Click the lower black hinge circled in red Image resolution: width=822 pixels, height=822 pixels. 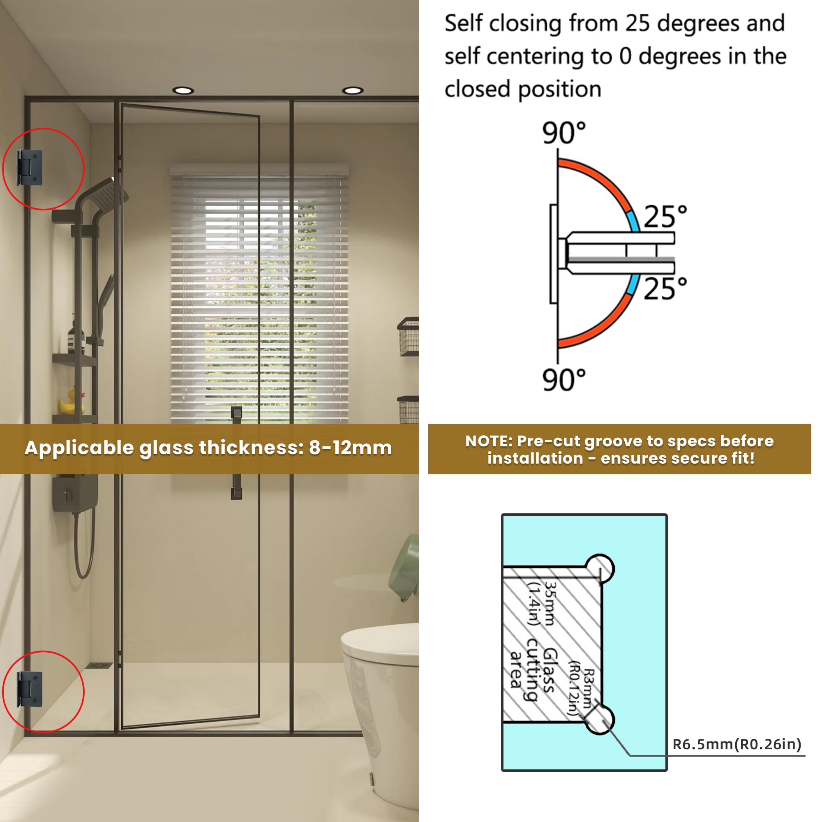[30, 689]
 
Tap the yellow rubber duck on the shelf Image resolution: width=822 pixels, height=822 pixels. [71, 402]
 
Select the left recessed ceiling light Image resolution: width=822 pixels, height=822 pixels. [183, 90]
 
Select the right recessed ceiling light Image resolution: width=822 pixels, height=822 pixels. [352, 90]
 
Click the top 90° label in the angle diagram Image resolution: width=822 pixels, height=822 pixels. [564, 133]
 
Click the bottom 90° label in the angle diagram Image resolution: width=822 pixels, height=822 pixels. [564, 379]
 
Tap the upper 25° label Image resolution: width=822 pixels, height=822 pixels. [665, 217]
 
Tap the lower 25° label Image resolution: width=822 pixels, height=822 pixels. [665, 289]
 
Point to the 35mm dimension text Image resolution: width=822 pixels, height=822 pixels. [550, 604]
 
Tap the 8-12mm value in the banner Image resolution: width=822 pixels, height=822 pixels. [350, 448]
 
